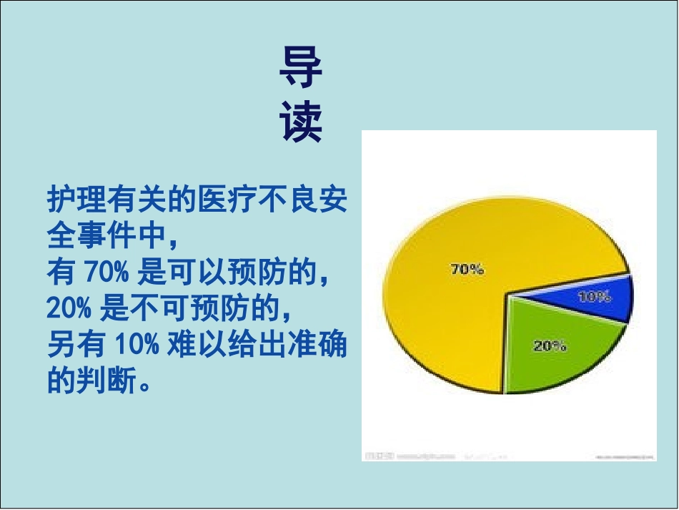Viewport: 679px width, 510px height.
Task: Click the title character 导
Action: (x=300, y=69)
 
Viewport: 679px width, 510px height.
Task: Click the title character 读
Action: (x=300, y=122)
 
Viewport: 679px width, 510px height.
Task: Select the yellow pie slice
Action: (x=443, y=300)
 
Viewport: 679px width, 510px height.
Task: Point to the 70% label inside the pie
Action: (x=467, y=270)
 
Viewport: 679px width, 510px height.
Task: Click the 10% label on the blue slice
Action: (x=594, y=295)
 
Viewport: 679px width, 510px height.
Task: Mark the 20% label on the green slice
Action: (x=550, y=346)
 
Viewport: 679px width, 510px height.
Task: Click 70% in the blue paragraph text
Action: (x=106, y=272)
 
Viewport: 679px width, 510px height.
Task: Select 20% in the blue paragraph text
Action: (x=69, y=309)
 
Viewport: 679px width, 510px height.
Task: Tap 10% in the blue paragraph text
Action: (x=132, y=345)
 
